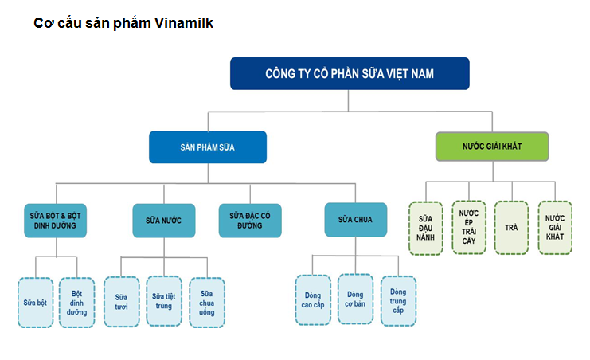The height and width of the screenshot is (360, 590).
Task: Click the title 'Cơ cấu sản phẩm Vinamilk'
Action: [x=123, y=23]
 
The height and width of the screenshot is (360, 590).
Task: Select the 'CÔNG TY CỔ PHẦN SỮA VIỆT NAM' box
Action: [x=350, y=73]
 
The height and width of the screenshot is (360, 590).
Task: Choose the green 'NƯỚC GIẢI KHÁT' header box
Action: [x=492, y=147]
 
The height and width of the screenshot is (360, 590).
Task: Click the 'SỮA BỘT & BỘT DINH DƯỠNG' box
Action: [x=55, y=221]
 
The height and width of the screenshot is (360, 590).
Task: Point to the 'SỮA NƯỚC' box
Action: [x=164, y=221]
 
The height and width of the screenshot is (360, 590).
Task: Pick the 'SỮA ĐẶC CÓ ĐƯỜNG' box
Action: [x=250, y=221]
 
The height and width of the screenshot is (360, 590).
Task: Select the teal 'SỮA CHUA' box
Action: [x=356, y=220]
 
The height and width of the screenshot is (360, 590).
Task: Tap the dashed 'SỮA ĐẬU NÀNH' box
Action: [x=426, y=228]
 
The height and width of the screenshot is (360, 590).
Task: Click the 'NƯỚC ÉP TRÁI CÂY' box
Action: [x=469, y=228]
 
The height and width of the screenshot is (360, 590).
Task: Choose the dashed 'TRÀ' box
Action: [x=511, y=228]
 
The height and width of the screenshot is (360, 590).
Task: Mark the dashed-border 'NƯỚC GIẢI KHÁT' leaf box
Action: [x=554, y=228]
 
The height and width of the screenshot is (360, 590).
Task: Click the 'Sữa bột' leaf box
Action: [x=35, y=302]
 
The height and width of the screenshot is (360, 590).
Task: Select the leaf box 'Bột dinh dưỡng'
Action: [x=78, y=302]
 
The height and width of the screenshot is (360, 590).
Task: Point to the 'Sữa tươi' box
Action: [x=122, y=301]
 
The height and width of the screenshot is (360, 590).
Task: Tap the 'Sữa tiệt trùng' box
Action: [x=164, y=301]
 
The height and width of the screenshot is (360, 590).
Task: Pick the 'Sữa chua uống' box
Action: [x=207, y=301]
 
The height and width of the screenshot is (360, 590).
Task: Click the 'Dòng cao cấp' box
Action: [x=313, y=299]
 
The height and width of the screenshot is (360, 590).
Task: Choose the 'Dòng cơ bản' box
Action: [x=355, y=299]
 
